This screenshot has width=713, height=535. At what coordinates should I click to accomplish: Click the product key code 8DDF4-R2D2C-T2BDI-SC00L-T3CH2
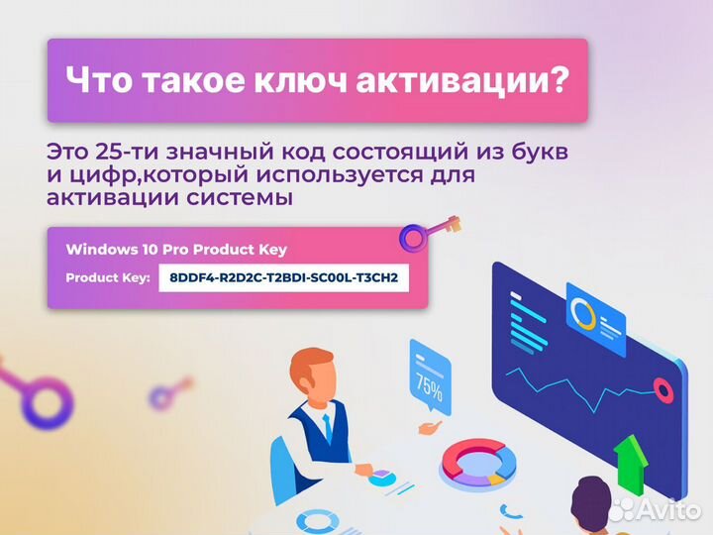[x=284, y=277]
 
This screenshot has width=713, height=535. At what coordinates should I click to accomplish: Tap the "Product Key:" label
[x=107, y=277]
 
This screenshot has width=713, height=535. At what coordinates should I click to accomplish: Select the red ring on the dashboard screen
[x=663, y=390]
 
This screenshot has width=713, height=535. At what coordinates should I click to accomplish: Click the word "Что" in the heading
[x=96, y=79]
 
